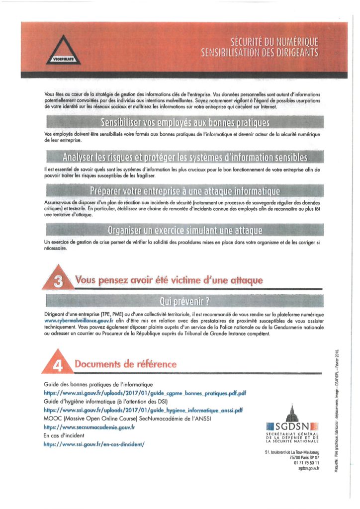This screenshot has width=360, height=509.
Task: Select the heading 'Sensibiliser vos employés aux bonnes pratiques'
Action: pos(178,122)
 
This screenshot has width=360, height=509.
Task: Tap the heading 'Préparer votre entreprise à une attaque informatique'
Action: pos(178,191)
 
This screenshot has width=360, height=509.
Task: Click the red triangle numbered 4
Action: pos(58,364)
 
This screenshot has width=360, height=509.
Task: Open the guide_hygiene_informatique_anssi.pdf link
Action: pos(143,410)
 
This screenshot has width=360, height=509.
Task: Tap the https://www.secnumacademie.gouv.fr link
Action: pos(90,427)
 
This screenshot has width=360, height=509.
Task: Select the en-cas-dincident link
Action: pos(94,444)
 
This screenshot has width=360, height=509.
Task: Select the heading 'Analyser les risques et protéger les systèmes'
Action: pos(178,158)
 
